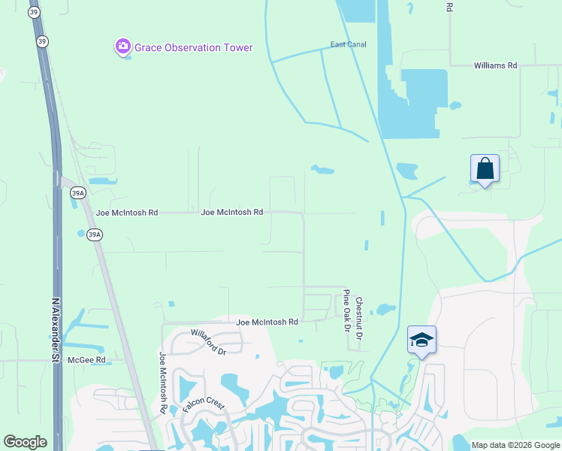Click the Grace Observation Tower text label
(193, 47)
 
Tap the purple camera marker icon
(122, 47)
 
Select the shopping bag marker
(485, 169)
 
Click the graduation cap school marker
(421, 340)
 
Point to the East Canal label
(349, 44)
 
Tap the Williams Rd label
(495, 66)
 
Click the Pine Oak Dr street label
(346, 310)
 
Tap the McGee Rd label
(86, 360)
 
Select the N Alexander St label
(54, 331)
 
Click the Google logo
(25, 442)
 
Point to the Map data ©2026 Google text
(515, 445)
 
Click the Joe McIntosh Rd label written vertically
(162, 383)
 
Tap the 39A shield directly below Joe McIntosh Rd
(94, 235)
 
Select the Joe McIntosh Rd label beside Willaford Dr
(267, 322)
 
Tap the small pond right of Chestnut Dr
(385, 309)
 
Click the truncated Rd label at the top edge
(449, 7)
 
